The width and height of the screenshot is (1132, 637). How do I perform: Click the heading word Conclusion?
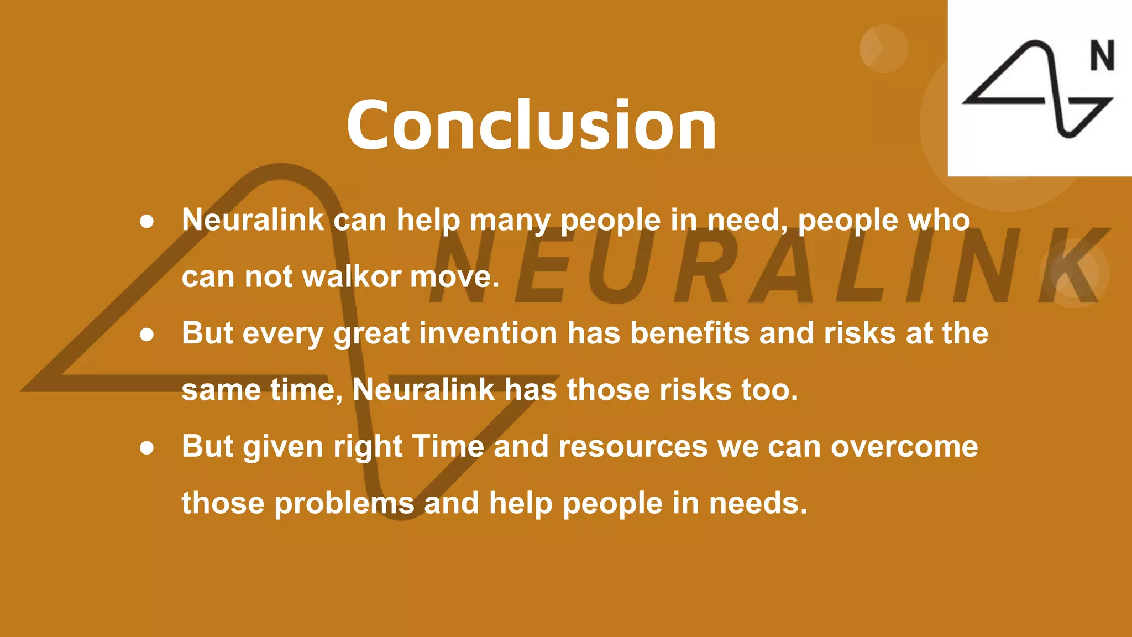(531, 126)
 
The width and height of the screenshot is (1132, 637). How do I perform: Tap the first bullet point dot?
(146, 222)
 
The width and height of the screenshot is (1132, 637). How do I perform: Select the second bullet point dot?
(146, 335)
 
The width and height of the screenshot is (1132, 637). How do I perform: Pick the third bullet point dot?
(146, 447)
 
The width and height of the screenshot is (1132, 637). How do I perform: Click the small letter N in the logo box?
(1102, 56)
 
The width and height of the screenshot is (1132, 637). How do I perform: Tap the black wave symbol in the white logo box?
(1036, 88)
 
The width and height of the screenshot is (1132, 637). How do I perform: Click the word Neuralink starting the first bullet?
(253, 220)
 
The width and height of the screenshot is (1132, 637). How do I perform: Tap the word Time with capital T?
(448, 446)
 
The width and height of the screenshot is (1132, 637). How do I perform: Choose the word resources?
(632, 447)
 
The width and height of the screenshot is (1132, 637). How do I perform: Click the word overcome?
(904, 447)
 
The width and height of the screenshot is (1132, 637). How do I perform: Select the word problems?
(344, 504)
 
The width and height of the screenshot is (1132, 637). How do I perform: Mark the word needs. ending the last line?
(758, 504)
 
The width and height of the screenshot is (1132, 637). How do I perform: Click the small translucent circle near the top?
(883, 49)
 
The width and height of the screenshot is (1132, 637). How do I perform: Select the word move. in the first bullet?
(454, 276)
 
